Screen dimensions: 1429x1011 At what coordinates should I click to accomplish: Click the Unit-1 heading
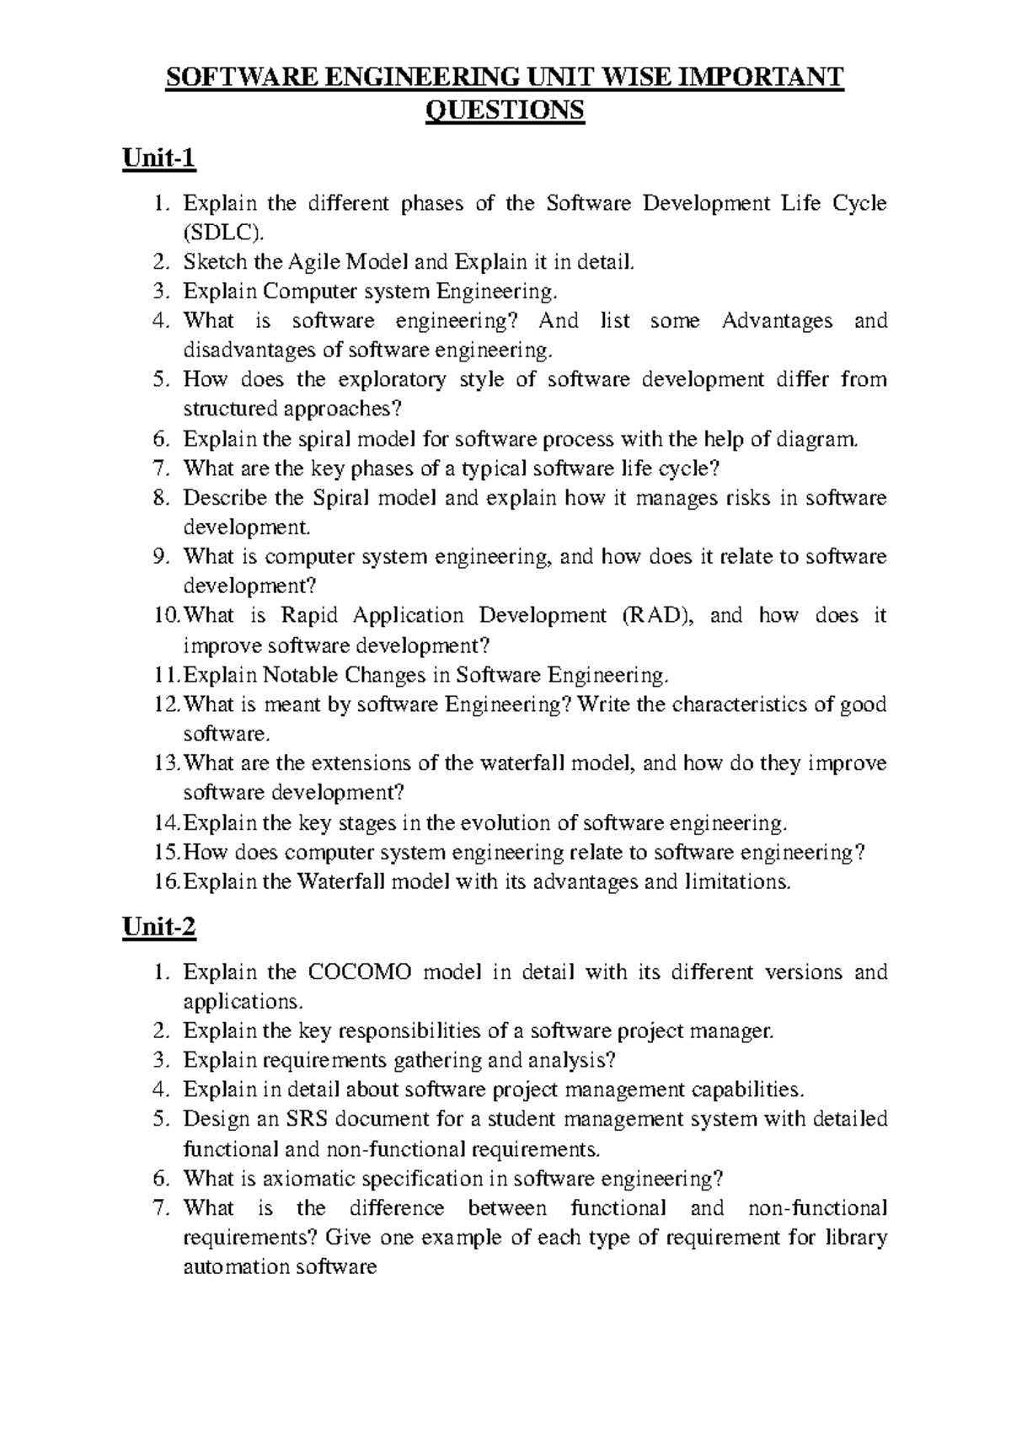pyautogui.click(x=158, y=158)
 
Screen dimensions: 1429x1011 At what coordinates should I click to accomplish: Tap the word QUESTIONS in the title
pyautogui.click(x=505, y=110)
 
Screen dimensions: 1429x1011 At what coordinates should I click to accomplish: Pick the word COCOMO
pyautogui.click(x=361, y=972)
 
